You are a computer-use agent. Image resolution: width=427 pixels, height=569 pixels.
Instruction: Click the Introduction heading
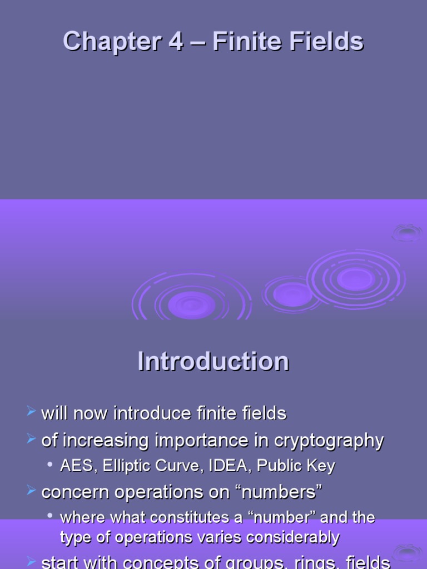(213, 362)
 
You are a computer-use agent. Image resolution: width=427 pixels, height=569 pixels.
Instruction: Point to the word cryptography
(329, 441)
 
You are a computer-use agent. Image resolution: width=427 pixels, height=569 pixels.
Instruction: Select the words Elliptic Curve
(150, 466)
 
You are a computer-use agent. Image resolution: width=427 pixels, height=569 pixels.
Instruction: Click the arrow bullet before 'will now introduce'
(32, 412)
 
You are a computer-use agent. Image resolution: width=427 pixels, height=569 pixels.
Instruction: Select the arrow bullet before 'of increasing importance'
(32, 440)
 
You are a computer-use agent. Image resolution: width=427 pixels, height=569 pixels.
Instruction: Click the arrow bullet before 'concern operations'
(32, 490)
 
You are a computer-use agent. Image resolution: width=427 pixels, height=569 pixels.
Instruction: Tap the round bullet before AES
(51, 464)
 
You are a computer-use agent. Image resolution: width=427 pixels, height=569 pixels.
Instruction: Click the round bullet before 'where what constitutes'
(51, 516)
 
